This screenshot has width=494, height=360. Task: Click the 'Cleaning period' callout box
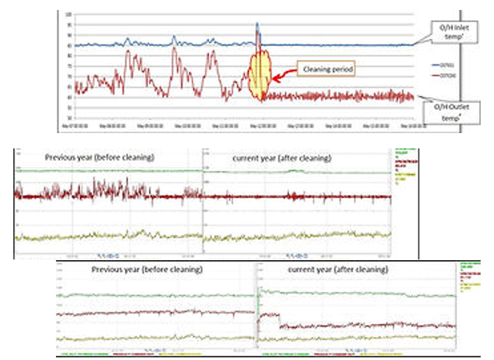pyautogui.click(x=324, y=69)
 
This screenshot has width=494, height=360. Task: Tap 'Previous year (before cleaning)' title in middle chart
pyautogui.click(x=100, y=158)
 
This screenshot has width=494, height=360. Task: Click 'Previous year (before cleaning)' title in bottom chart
pyautogui.click(x=147, y=270)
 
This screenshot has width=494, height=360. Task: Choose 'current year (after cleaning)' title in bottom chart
pyautogui.click(x=338, y=270)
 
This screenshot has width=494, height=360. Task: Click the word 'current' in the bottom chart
pyautogui.click(x=302, y=270)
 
